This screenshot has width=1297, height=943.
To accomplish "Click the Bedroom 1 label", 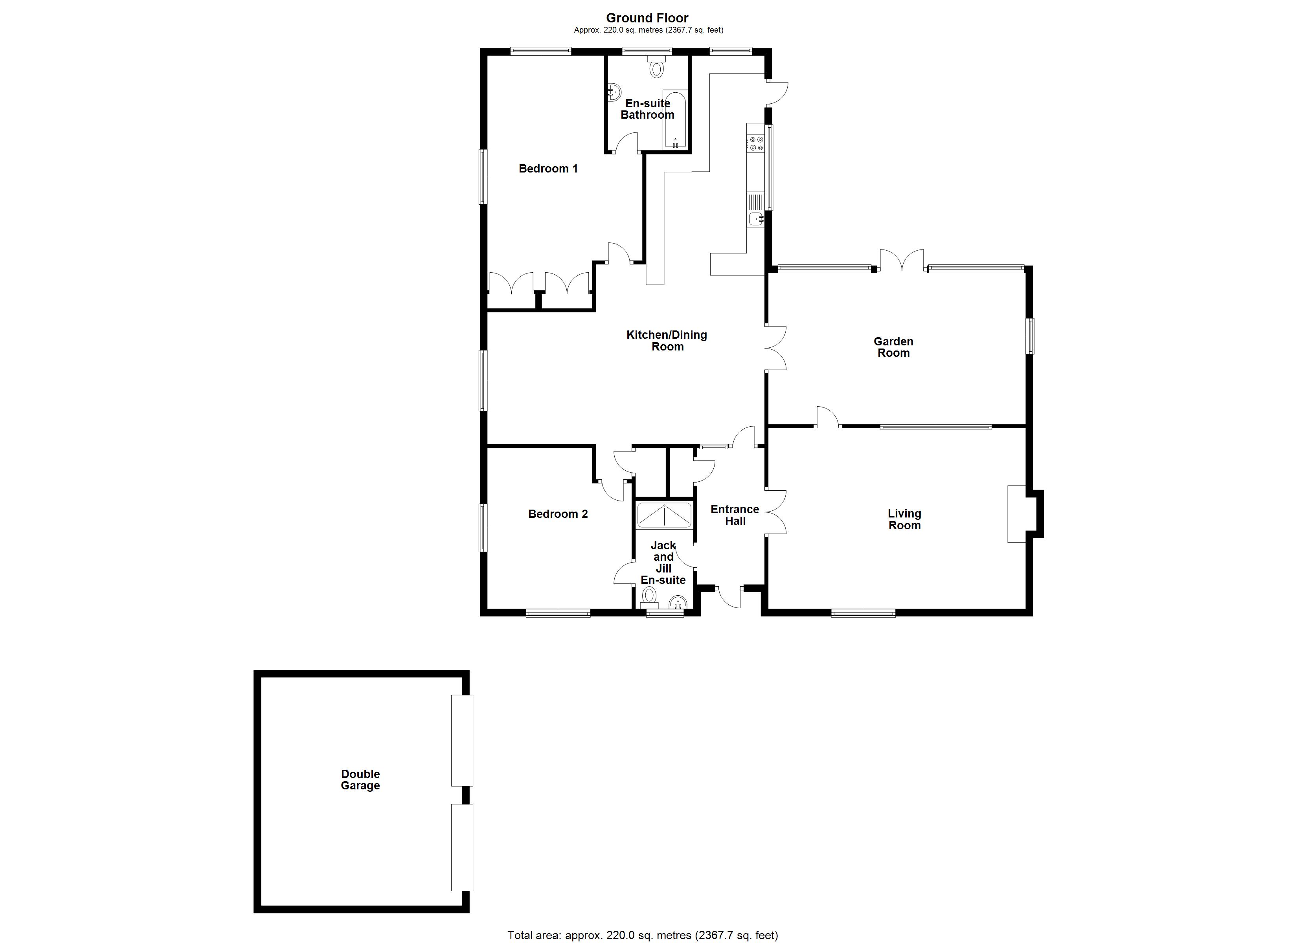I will (548, 169).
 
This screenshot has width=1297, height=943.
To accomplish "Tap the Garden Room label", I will (893, 347).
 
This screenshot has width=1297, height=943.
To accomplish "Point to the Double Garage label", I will (360, 780).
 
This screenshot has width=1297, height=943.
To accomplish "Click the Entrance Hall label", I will (735, 515).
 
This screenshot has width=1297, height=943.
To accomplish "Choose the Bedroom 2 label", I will (558, 514).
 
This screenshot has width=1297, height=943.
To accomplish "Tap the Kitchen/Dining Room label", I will (667, 341).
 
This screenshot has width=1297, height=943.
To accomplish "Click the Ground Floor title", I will (647, 18).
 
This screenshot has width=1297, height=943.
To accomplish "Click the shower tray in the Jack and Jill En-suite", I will (664, 515).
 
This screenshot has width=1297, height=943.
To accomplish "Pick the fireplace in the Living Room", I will (1017, 514).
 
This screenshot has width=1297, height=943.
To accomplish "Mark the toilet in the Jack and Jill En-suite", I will (648, 598).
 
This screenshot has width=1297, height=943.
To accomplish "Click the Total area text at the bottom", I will (642, 935).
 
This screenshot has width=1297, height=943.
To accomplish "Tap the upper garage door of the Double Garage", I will (462, 740).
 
